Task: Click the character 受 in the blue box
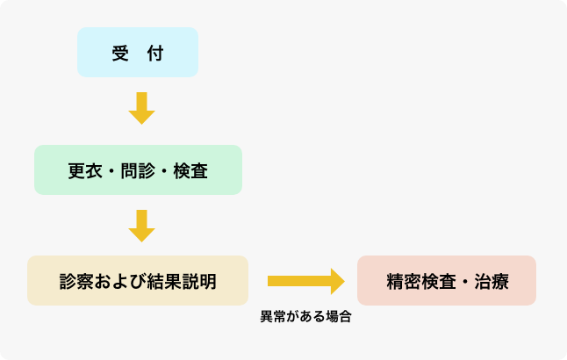(120, 53)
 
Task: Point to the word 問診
(138, 170)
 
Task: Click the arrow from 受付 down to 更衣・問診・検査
(141, 107)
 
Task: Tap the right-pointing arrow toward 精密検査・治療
(305, 281)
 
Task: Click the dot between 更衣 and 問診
(111, 170)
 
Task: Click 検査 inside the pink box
(437, 281)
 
